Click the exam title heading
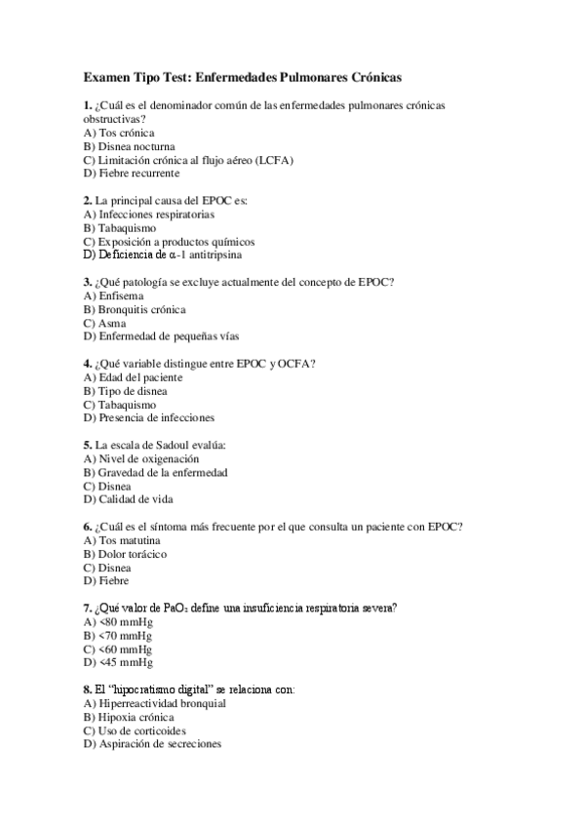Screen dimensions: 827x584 [x=243, y=75]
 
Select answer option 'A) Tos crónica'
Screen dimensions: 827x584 [x=119, y=133]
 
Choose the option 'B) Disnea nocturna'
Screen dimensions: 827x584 [x=130, y=146]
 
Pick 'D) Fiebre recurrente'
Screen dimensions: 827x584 [x=132, y=174]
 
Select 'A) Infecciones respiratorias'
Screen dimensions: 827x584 [x=149, y=215]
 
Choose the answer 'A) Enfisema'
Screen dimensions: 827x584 [x=114, y=295]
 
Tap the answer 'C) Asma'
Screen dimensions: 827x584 [x=105, y=323]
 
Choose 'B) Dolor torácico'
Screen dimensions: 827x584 [x=125, y=554]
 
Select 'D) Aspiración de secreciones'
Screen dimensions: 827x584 [x=153, y=744]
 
